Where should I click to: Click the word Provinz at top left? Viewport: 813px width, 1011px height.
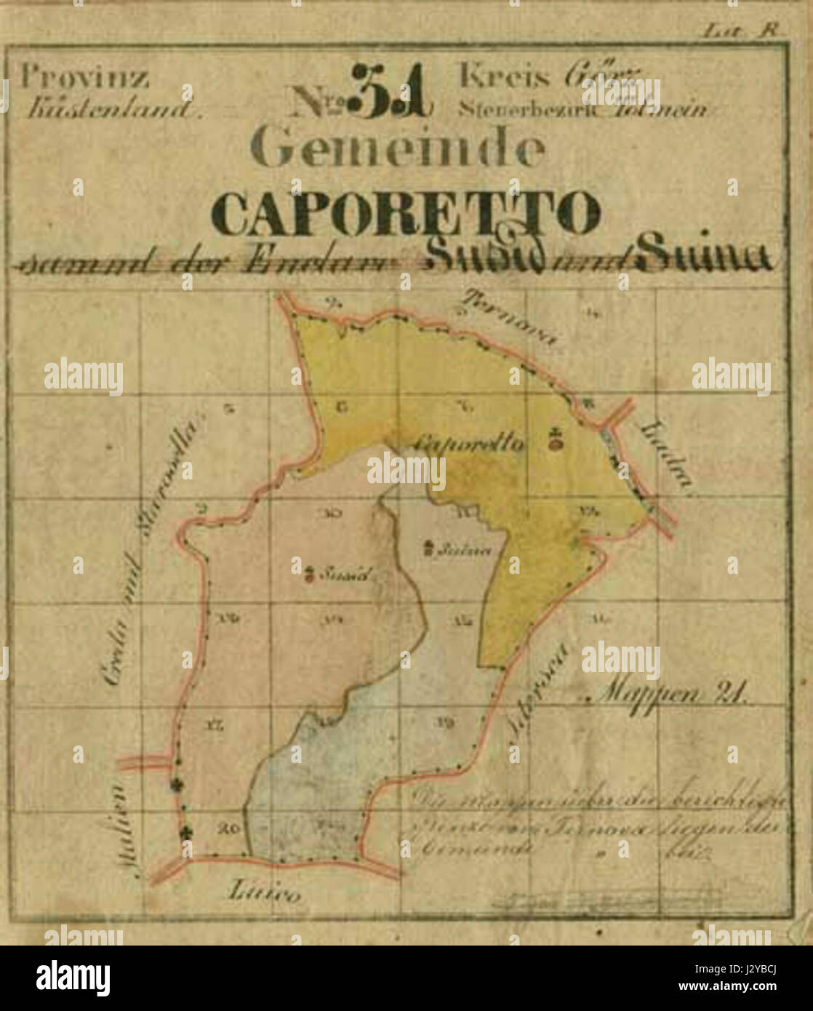click(85, 76)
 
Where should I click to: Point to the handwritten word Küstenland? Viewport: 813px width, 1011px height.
click(112, 110)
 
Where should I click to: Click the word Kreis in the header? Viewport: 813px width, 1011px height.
click(501, 76)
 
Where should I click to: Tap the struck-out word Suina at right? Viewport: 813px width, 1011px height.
click(702, 255)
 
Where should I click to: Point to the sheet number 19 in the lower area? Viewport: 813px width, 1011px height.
click(444, 722)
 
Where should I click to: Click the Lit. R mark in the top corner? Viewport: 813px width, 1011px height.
click(740, 31)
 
